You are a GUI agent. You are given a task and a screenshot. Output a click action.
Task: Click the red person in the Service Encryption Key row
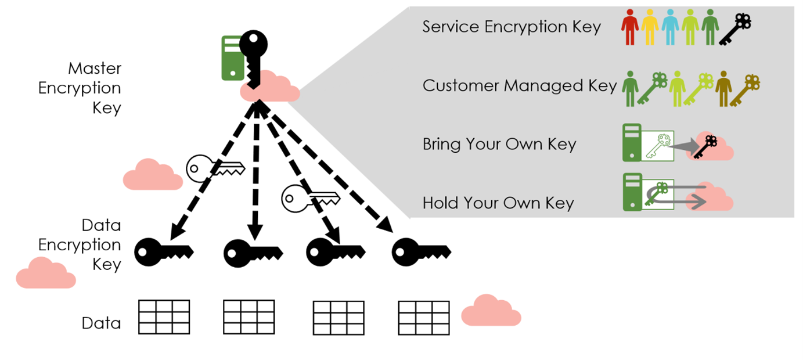pyautogui.click(x=629, y=27)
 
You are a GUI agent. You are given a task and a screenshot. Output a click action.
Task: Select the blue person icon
pyautogui.click(x=669, y=27)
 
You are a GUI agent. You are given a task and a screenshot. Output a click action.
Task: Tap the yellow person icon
pyautogui.click(x=650, y=27)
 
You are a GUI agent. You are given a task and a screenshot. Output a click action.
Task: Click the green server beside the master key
pyautogui.click(x=232, y=57)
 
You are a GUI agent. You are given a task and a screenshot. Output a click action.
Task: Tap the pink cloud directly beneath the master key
pyautogui.click(x=269, y=88)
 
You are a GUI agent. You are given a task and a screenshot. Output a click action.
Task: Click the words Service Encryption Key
pyautogui.click(x=512, y=27)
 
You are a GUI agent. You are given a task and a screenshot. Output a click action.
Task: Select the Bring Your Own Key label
pyautogui.click(x=499, y=144)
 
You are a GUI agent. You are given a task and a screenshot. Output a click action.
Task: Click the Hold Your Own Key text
pyautogui.click(x=498, y=203)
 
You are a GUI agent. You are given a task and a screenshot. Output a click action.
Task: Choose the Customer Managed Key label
pyautogui.click(x=519, y=85)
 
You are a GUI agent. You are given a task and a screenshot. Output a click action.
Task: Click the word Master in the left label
pyautogui.click(x=95, y=68)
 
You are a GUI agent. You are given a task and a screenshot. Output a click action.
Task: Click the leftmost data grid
pyautogui.click(x=164, y=316)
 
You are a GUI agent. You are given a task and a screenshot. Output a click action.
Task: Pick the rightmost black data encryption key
pyautogui.click(x=421, y=251)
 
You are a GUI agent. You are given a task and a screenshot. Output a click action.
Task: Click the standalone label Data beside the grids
pyautogui.click(x=101, y=323)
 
